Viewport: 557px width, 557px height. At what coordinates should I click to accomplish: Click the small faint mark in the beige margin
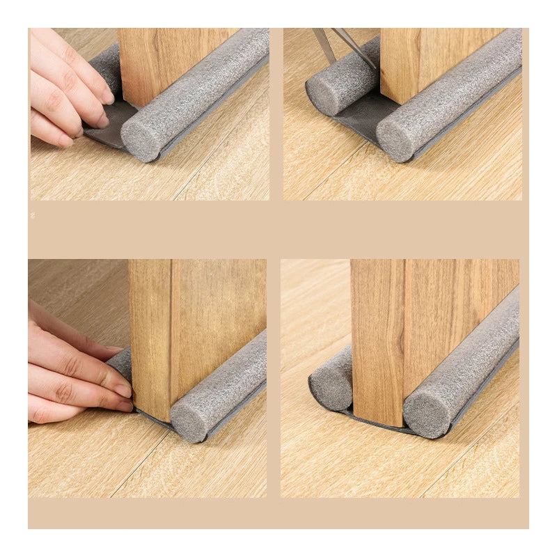pos(32,216)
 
